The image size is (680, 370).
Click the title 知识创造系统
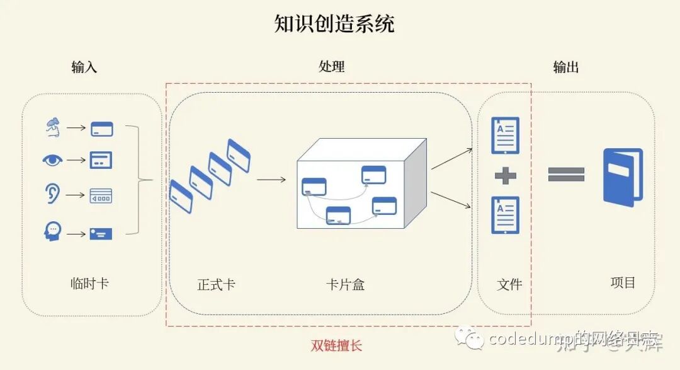click(334, 24)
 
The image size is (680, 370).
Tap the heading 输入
click(84, 67)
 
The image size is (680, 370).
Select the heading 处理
click(332, 67)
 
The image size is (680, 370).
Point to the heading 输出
click(565, 67)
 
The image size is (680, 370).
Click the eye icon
click(53, 160)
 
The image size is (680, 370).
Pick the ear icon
click(53, 194)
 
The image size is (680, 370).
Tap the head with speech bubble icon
click(53, 231)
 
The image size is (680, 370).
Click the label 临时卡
click(89, 283)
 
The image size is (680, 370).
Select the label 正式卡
click(217, 284)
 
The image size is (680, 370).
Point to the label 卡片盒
click(345, 284)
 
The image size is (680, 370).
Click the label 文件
click(509, 284)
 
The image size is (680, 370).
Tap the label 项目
click(623, 283)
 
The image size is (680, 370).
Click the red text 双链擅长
click(337, 345)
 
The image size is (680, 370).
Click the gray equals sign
click(566, 174)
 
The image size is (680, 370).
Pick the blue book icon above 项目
click(623, 177)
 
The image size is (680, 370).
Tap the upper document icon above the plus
click(505, 135)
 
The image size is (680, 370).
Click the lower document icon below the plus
click(505, 215)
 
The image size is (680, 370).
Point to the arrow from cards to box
click(271, 180)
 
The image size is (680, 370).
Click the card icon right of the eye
click(101, 160)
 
